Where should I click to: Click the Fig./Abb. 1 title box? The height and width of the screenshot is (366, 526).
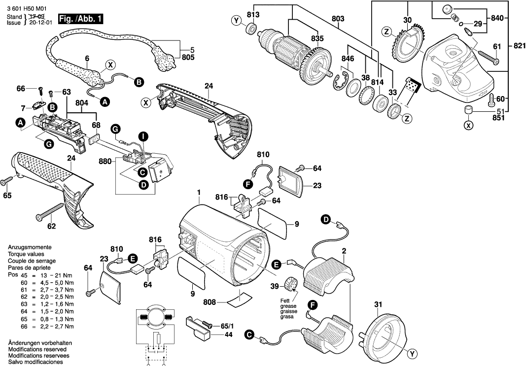click(81, 19)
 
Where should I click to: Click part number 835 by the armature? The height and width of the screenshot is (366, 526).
click(317, 38)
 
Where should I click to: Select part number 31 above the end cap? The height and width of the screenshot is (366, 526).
click(378, 304)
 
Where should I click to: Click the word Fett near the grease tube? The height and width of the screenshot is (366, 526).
click(286, 301)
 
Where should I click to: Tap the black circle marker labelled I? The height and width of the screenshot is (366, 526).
click(142, 135)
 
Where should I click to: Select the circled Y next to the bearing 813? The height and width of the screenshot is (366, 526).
click(236, 21)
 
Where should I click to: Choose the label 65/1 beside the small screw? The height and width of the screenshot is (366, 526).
click(227, 326)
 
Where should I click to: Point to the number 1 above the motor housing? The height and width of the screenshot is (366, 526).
click(199, 192)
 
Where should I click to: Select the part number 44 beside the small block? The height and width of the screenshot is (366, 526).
click(228, 334)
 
